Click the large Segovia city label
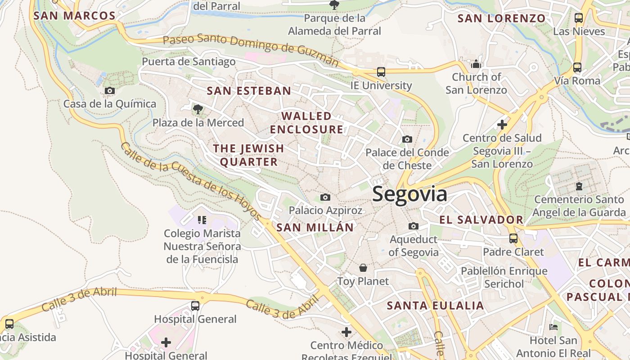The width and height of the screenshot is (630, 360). [x=409, y=194]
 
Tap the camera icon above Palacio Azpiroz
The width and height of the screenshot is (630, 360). [x=325, y=197]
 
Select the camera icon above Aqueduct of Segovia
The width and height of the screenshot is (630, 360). [x=413, y=226]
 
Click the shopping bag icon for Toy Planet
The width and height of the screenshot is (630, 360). [x=363, y=268]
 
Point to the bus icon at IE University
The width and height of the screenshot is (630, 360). [x=381, y=72]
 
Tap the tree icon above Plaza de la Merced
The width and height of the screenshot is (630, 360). [x=197, y=109]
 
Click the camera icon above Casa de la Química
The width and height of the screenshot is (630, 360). [x=109, y=90]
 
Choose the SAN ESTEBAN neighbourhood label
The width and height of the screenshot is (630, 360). [x=249, y=90]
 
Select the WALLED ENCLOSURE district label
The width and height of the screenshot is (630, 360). [x=306, y=122]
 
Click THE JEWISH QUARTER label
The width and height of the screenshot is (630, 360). [x=248, y=155]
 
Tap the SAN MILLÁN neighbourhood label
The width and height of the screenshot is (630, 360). [x=315, y=227]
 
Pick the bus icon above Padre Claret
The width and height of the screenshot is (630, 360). [x=513, y=238]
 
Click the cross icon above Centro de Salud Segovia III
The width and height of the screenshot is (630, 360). [x=502, y=124]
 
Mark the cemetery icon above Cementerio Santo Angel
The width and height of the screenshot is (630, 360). [x=579, y=185]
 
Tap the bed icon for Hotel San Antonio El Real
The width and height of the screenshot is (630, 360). [x=553, y=327]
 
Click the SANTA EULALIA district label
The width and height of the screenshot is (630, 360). [x=435, y=306]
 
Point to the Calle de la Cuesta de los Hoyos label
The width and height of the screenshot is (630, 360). [x=191, y=182]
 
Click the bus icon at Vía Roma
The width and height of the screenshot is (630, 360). [x=577, y=67]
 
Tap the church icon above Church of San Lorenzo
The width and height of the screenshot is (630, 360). [x=476, y=64]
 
